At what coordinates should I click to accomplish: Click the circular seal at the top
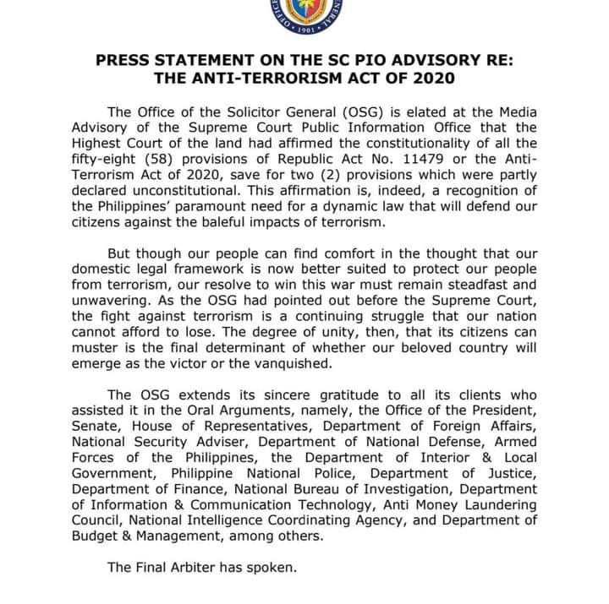click(304, 15)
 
